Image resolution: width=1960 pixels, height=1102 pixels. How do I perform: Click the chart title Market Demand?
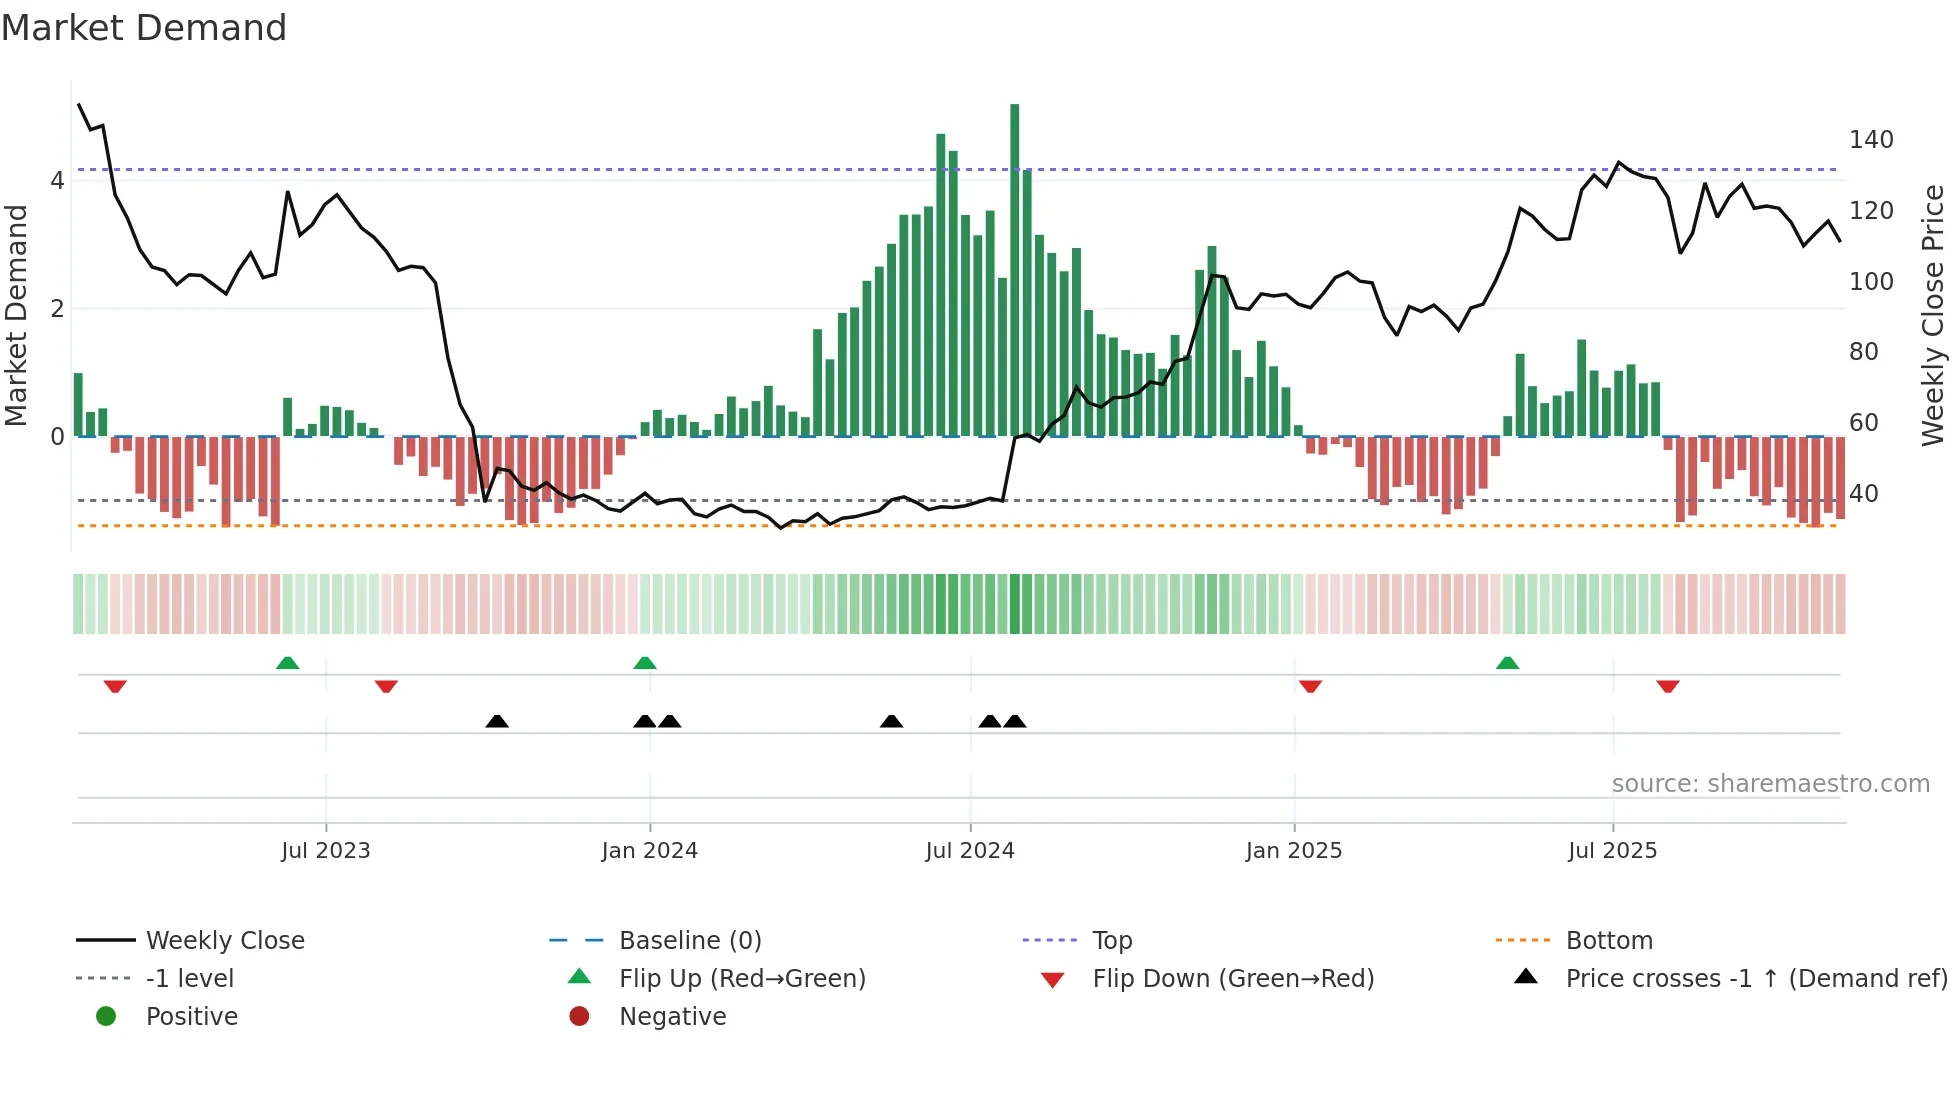144,28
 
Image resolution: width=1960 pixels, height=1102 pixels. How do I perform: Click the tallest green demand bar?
1014,270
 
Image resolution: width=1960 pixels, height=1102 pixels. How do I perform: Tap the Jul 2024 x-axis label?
969,851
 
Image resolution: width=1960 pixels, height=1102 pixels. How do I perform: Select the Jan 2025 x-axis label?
1293,851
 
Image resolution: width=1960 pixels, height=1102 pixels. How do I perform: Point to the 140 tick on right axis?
1870,140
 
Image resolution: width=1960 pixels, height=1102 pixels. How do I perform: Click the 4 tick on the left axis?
57,181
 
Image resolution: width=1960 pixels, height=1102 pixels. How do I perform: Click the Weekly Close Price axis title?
1932,315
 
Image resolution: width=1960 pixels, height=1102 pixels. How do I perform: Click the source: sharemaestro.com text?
1770,784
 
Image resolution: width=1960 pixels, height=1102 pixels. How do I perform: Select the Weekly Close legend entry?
225,941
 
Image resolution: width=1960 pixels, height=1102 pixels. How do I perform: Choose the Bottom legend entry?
1608,941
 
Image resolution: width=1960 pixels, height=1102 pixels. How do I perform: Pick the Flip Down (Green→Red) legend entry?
1232,979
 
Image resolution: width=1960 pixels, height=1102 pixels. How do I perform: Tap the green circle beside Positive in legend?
106,1017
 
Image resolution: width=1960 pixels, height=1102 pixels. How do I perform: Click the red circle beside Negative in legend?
579,1017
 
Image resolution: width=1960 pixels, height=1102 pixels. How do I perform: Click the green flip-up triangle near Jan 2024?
645,663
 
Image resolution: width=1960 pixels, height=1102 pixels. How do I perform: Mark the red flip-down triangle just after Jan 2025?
1310,686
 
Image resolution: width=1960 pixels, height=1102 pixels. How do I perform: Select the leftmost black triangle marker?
497,721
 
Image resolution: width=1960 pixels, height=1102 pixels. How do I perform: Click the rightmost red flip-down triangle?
1667,686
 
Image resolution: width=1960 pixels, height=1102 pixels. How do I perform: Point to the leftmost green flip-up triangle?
287,663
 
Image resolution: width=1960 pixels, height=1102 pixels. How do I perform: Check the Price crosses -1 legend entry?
1755,979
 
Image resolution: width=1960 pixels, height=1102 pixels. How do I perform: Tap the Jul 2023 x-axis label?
325,851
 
